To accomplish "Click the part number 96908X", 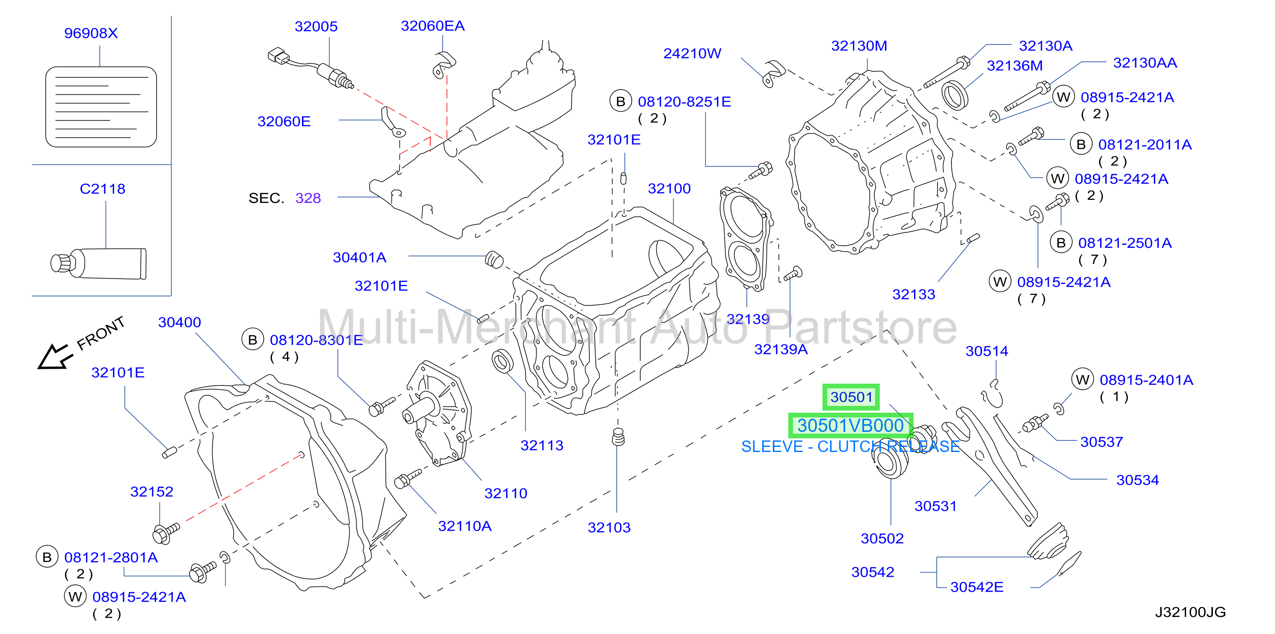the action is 91,33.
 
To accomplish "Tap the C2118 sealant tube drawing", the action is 98,263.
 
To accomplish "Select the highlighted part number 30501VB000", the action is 850,426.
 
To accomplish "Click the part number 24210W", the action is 692,53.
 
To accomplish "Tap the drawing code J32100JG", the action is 1190,612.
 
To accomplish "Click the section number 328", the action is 308,198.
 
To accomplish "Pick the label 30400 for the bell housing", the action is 179,323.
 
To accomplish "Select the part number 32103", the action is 609,528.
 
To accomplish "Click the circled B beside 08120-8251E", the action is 621,101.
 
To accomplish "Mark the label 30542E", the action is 976,587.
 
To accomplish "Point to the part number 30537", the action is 1101,442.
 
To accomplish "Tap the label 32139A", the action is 781,349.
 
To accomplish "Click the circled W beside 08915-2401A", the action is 1083,380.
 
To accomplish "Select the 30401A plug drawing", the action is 494,260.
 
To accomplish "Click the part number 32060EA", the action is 432,26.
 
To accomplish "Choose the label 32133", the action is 913,295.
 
